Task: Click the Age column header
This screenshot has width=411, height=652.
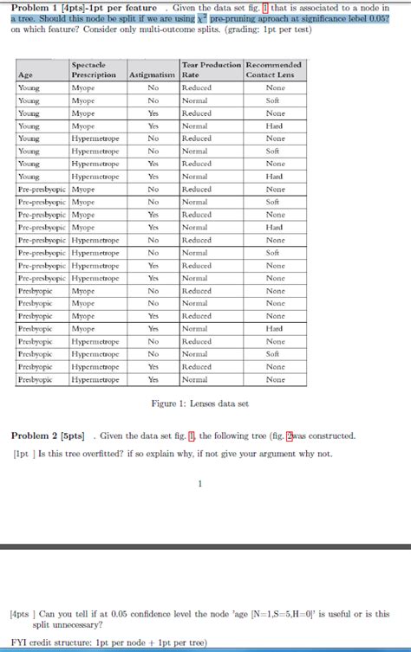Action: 26,75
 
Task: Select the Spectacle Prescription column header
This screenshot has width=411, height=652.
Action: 94,70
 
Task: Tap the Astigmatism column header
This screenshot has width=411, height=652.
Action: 152,75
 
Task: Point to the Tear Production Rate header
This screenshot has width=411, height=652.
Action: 211,70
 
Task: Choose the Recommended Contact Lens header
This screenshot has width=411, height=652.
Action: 275,70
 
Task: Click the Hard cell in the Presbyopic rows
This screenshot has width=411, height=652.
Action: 275,328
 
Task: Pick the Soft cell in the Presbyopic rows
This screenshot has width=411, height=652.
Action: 275,354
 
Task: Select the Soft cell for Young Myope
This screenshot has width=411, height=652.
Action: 275,100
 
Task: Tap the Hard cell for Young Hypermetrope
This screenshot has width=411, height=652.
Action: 275,177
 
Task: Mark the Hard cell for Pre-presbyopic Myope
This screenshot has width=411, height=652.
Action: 275,227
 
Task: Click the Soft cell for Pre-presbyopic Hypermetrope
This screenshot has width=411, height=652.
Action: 275,253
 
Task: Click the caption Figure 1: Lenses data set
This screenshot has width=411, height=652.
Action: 200,403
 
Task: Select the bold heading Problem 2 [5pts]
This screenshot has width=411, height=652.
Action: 48,436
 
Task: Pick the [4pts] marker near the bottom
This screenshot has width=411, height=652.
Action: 19,614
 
